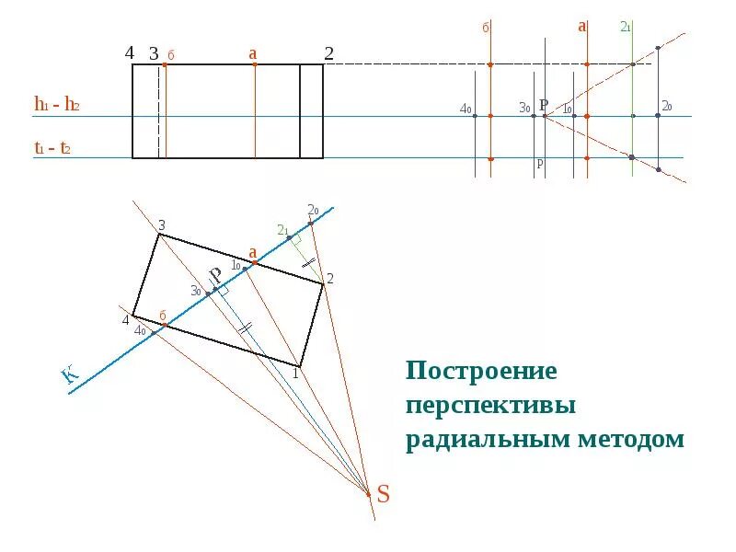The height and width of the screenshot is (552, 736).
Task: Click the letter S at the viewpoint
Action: (384, 495)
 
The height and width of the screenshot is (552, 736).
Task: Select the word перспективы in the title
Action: (491, 405)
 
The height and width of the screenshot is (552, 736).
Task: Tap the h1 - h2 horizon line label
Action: (57, 104)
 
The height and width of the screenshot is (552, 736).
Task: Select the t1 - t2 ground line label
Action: (54, 148)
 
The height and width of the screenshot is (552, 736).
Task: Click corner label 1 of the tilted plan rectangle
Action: (296, 373)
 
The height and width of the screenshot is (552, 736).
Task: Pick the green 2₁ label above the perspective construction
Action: (625, 27)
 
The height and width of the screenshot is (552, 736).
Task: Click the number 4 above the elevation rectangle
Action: (130, 52)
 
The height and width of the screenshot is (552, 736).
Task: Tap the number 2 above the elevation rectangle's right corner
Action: (328, 53)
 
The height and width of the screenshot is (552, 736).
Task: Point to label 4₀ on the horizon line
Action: (465, 109)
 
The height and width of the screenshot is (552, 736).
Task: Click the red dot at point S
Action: (369, 494)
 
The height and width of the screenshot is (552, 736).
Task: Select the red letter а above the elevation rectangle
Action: (252, 54)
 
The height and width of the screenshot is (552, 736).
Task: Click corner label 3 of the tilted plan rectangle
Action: (161, 225)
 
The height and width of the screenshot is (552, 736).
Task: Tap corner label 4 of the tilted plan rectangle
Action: (126, 320)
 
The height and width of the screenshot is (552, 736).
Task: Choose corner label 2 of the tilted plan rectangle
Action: (329, 278)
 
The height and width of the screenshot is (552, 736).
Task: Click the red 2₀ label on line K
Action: (313, 209)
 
